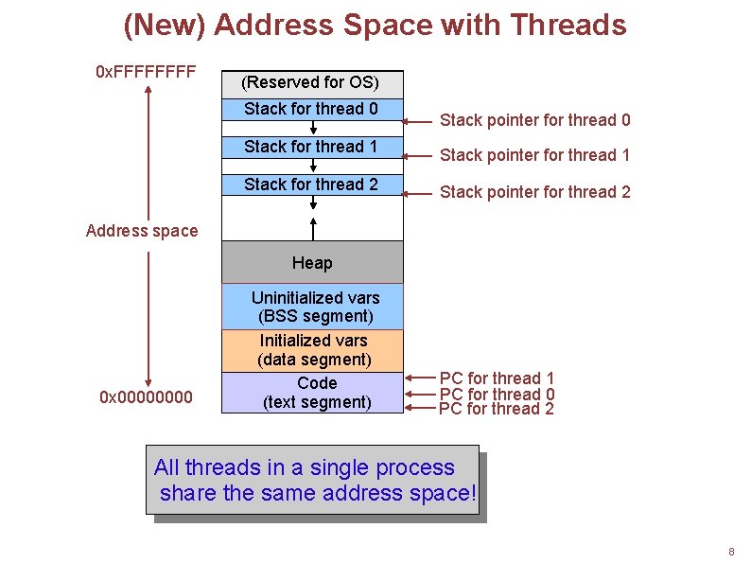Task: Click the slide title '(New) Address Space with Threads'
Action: point(375,25)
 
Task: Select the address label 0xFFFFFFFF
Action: point(146,71)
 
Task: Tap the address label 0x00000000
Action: point(146,396)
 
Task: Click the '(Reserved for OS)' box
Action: point(312,83)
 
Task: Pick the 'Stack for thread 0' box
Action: point(312,109)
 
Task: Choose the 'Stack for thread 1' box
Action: point(312,147)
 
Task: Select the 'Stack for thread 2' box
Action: point(312,185)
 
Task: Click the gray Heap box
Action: point(312,262)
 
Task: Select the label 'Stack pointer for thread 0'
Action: point(535,120)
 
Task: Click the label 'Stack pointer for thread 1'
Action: point(535,155)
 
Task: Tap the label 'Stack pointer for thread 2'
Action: point(535,192)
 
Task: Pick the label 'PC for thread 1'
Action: point(498,378)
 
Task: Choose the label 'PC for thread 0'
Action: point(498,394)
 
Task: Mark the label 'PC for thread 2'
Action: point(498,409)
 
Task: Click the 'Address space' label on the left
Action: point(142,230)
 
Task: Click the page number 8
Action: point(731,552)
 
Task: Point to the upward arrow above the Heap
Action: point(312,228)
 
